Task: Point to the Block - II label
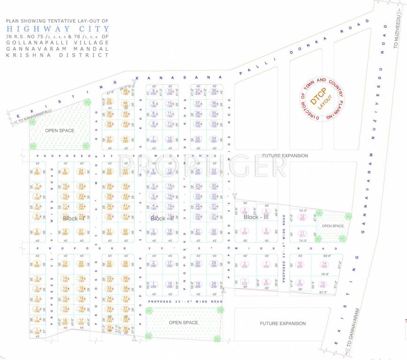tap(162, 218)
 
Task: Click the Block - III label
tap(256, 217)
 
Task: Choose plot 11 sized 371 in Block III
tap(302, 233)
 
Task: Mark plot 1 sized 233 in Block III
tap(244, 282)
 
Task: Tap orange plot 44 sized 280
tap(125, 139)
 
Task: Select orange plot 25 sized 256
tap(109, 102)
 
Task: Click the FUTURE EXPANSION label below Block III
tap(283, 323)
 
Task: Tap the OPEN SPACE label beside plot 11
tap(332, 226)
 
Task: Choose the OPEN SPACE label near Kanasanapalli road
tap(60, 130)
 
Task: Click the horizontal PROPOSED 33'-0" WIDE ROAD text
tap(184, 301)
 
